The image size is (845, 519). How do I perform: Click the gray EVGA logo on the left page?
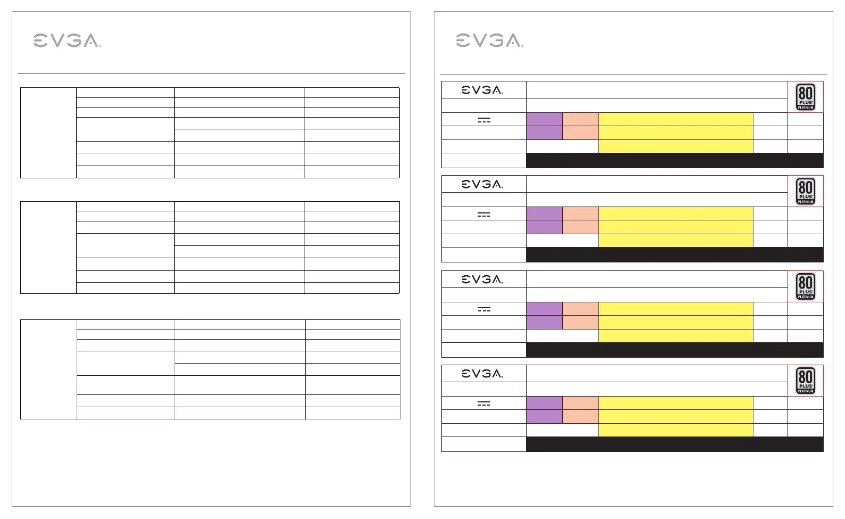[67, 40]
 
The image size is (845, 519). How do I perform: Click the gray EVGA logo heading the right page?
[489, 40]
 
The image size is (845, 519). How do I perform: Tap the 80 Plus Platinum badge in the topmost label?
[806, 97]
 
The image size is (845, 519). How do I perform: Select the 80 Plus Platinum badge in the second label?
[806, 191]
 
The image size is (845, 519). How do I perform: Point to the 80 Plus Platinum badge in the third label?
[806, 286]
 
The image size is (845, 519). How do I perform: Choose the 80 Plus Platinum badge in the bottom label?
[806, 381]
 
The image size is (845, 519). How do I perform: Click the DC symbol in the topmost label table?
[483, 120]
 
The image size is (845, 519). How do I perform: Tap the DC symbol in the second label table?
[483, 214]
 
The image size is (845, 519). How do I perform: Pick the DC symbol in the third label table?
[483, 309]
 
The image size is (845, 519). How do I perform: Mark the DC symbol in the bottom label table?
[483, 403]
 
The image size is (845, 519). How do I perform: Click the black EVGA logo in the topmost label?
[482, 90]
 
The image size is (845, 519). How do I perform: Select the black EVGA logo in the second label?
[482, 184]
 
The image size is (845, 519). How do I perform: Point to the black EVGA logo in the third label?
[482, 279]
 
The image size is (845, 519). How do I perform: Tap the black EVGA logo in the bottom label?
[482, 374]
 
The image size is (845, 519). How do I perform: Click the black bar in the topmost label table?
[675, 160]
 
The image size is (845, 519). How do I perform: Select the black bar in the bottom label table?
[675, 444]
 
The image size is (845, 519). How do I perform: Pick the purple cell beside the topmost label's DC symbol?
[544, 119]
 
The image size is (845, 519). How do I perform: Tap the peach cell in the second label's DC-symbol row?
[580, 213]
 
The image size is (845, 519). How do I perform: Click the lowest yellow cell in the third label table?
[676, 336]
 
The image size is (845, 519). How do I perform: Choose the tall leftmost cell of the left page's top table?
[48, 133]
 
